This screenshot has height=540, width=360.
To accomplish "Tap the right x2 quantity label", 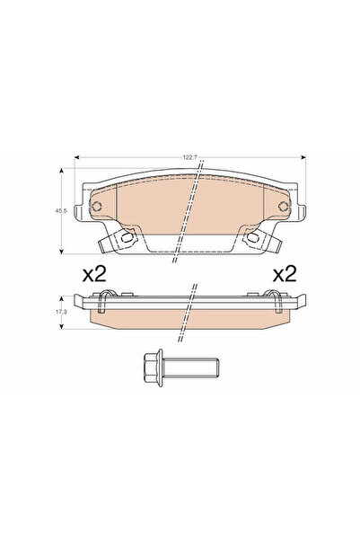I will (284, 274).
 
